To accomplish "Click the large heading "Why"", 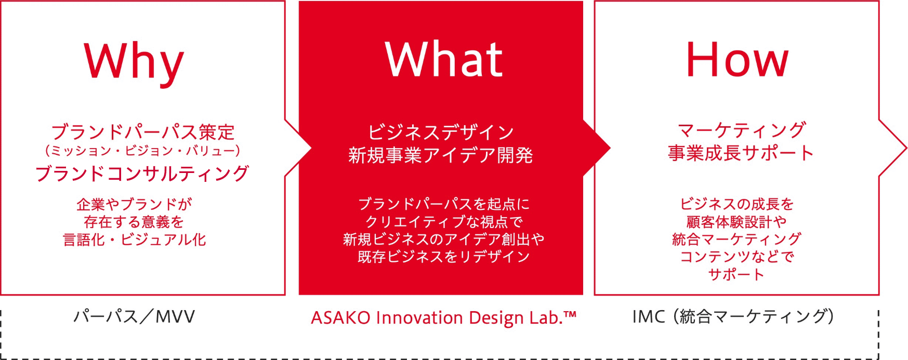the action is click(x=134, y=62).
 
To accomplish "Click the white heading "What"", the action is click(x=443, y=59).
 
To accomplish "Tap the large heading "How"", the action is click(x=737, y=60).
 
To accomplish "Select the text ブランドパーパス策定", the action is click(x=143, y=132).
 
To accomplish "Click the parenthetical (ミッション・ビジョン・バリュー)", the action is click(x=143, y=151).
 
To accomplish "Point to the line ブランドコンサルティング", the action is click(x=142, y=174).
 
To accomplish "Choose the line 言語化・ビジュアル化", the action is click(x=135, y=239).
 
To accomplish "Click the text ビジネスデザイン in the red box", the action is click(x=441, y=132).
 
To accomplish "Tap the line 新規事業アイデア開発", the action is click(x=441, y=155).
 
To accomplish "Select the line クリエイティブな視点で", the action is click(x=444, y=222).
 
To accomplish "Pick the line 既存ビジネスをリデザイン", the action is click(x=444, y=257).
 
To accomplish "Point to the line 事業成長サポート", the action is click(x=741, y=153).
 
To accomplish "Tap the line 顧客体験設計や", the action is click(x=736, y=222).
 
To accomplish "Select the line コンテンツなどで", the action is click(x=737, y=257).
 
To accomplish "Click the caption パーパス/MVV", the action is click(x=134, y=316).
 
